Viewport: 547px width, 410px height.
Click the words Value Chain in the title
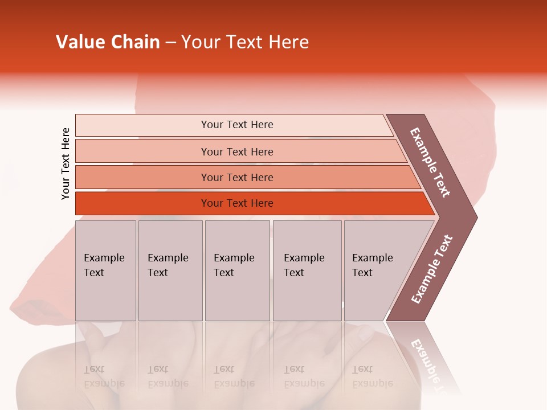(x=108, y=42)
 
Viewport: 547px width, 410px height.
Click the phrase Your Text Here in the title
(x=245, y=42)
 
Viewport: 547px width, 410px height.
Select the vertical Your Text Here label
(x=66, y=163)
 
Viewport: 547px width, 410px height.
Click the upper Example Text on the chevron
(x=431, y=162)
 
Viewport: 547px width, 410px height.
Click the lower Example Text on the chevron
(x=431, y=269)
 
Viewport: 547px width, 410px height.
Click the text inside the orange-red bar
(x=237, y=203)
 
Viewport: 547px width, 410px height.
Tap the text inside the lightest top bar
(x=237, y=125)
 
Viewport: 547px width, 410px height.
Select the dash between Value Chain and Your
(x=170, y=43)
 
